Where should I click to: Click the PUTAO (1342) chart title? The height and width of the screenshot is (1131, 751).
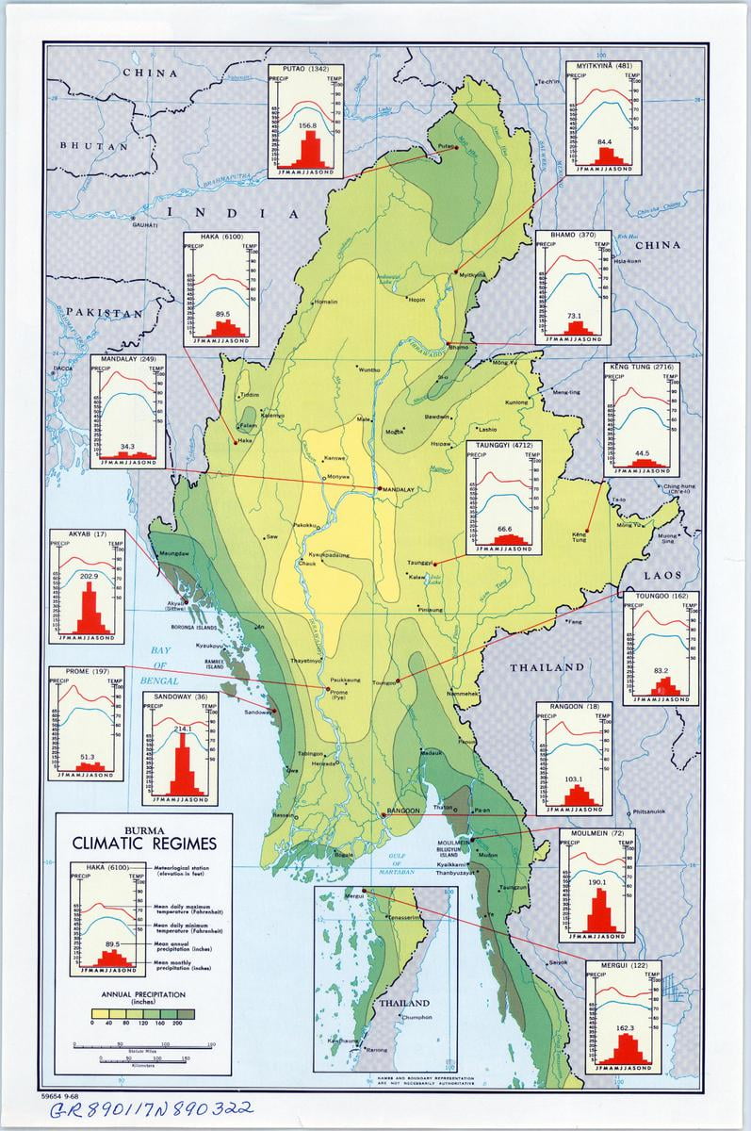point(307,69)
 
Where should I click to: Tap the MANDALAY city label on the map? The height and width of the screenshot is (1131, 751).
point(400,489)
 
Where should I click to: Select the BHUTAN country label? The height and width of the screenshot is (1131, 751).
point(93,146)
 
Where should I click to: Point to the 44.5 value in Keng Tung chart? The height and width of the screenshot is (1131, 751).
point(643,453)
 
